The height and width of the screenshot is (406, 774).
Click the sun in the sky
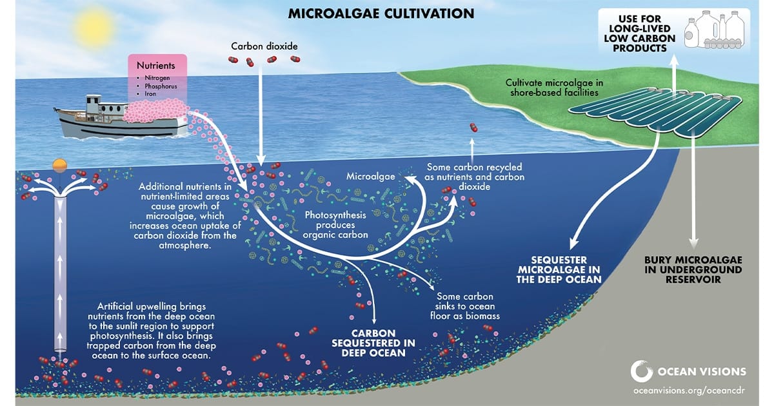pyautogui.click(x=94, y=26)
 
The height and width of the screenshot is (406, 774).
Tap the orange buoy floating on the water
pyautogui.click(x=60, y=165)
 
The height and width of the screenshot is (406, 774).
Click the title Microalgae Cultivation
pyautogui.click(x=381, y=14)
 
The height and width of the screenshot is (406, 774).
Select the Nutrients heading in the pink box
pyautogui.click(x=156, y=65)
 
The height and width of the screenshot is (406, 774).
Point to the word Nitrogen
pyautogui.click(x=157, y=78)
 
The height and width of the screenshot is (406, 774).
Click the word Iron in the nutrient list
pyautogui.click(x=150, y=94)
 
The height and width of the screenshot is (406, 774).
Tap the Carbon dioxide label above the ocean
pyautogui.click(x=264, y=46)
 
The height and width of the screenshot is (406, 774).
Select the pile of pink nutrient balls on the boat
pyautogui.click(x=156, y=110)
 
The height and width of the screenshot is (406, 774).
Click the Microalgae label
pyautogui.click(x=371, y=177)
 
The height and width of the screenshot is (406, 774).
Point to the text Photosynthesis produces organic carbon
pyautogui.click(x=335, y=225)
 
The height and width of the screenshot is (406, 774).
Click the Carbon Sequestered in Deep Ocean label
pyautogui.click(x=373, y=343)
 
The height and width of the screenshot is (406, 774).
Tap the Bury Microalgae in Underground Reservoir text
pyautogui.click(x=693, y=269)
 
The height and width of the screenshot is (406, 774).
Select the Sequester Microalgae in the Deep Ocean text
pyautogui.click(x=559, y=269)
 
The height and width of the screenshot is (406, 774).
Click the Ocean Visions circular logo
pyautogui.click(x=641, y=371)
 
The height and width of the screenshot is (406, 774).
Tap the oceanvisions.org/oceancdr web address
pyautogui.click(x=689, y=391)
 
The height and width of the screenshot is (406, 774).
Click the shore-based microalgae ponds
pyautogui.click(x=655, y=111)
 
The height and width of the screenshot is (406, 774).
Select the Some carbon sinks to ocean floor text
pyautogui.click(x=465, y=306)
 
